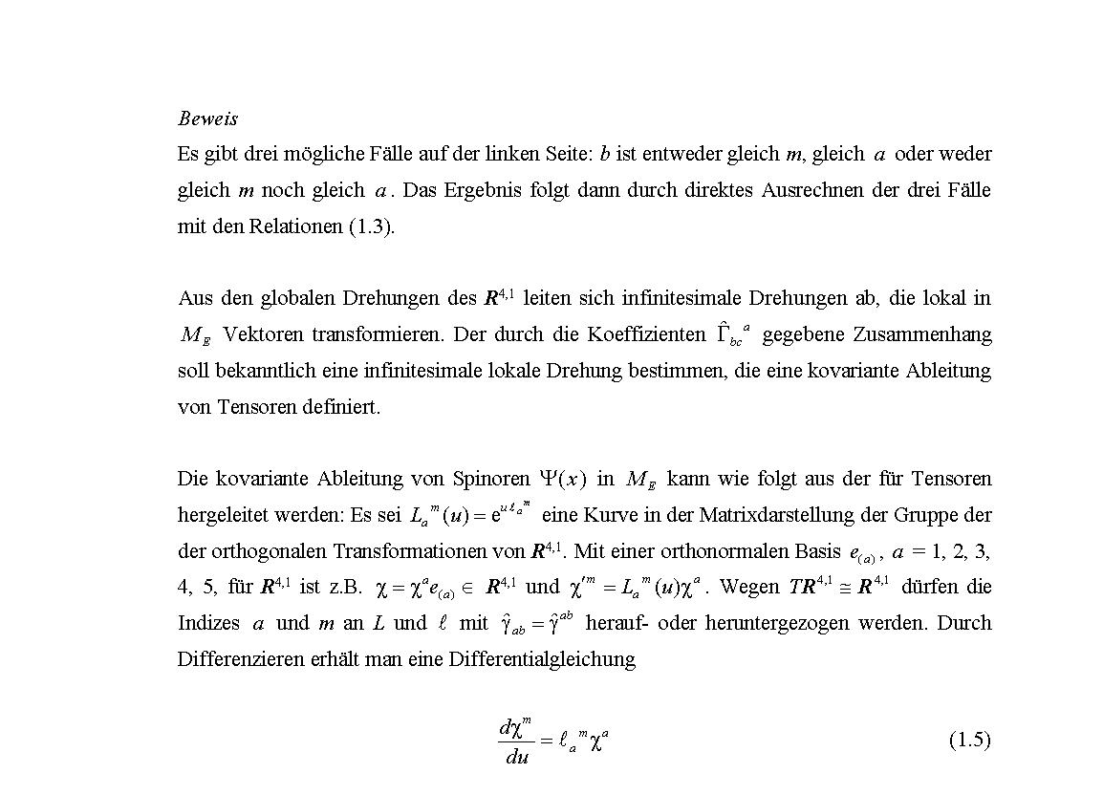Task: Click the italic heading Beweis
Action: point(207,118)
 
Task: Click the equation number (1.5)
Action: point(969,740)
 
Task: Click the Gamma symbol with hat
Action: point(725,333)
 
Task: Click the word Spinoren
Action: point(493,478)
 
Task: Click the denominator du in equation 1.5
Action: point(517,758)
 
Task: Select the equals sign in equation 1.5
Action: point(547,741)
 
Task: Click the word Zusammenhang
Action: point(924,334)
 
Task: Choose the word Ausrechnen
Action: point(811,190)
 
